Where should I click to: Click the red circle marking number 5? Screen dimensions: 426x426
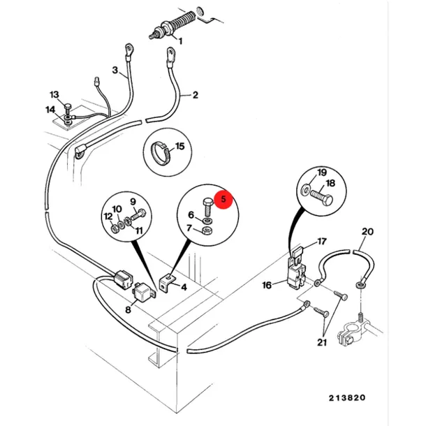[223, 199]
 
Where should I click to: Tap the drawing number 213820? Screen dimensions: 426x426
[347, 398]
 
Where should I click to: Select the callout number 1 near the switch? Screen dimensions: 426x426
[180, 41]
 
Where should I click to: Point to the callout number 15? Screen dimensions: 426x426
[180, 146]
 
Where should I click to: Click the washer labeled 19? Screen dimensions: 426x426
[305, 189]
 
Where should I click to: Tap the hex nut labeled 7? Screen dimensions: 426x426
[207, 231]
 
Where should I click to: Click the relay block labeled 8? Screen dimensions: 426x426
[144, 291]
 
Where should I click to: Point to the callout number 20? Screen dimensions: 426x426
[367, 232]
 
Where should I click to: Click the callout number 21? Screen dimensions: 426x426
[322, 342]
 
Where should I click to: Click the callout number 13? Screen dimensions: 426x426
[54, 94]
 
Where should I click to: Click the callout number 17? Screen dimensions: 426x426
[322, 241]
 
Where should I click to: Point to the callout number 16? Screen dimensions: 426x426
[267, 285]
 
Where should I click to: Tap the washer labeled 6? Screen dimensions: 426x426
[208, 220]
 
